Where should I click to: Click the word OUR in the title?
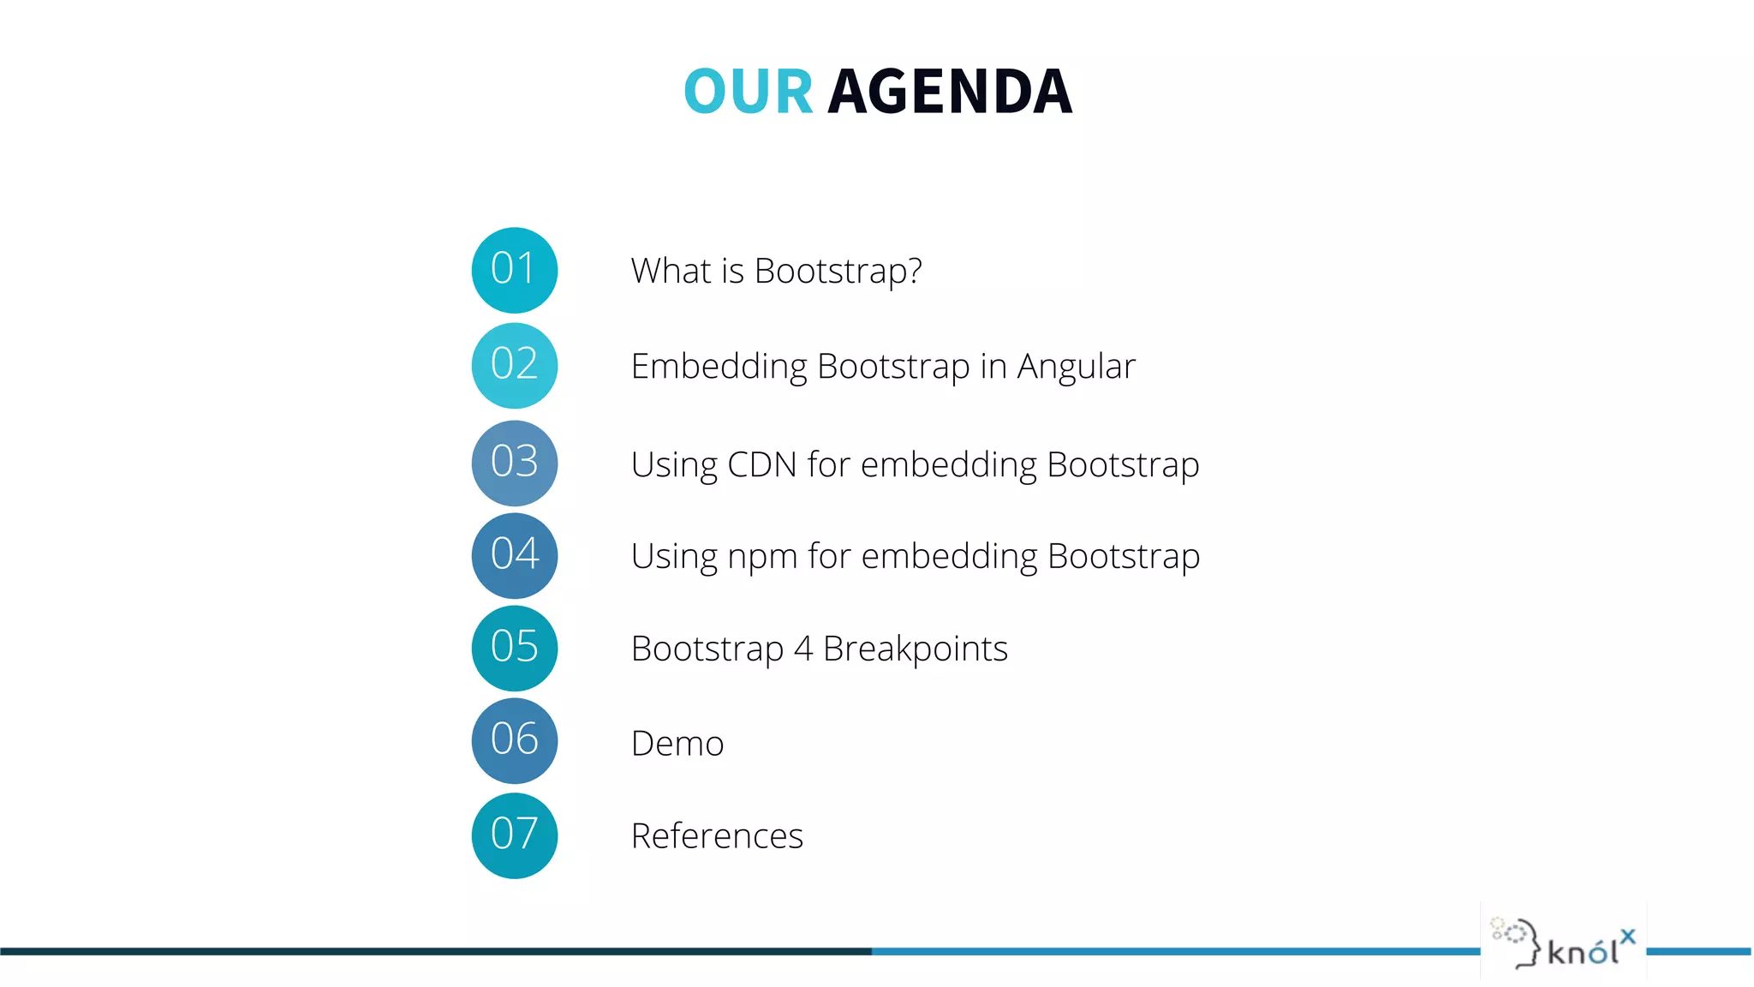(x=748, y=92)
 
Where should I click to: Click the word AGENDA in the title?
(x=950, y=92)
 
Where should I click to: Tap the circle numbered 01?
(x=515, y=270)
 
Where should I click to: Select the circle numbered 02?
(x=515, y=366)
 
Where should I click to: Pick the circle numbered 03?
(x=515, y=463)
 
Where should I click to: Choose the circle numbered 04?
(x=515, y=555)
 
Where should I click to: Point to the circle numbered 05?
(x=515, y=648)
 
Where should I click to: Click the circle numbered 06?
(x=515, y=740)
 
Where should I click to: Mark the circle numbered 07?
(x=515, y=835)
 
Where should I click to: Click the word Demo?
(x=677, y=744)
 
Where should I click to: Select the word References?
(x=717, y=836)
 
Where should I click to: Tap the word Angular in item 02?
(x=1076, y=368)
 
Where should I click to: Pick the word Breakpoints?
(x=915, y=649)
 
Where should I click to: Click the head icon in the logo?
(x=1517, y=942)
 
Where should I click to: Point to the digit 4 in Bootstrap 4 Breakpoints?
(x=802, y=649)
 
